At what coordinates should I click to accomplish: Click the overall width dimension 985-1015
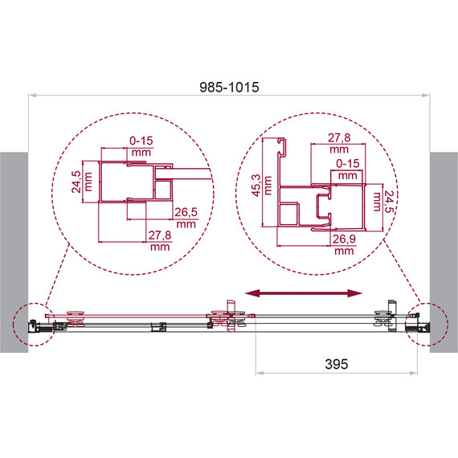click(x=229, y=87)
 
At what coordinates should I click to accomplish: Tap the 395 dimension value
click(x=337, y=364)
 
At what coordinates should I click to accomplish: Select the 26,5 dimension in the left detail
click(x=186, y=212)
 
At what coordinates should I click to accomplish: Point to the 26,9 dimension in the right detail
click(x=344, y=239)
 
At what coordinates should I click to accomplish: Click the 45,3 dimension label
click(x=256, y=185)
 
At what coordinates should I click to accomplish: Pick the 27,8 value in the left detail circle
click(x=160, y=235)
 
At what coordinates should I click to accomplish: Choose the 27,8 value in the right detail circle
click(x=339, y=137)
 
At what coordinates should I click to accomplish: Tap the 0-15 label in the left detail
click(x=141, y=141)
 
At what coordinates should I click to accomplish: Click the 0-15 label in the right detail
click(x=348, y=163)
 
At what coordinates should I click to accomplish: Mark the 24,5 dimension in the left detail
click(x=76, y=182)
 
